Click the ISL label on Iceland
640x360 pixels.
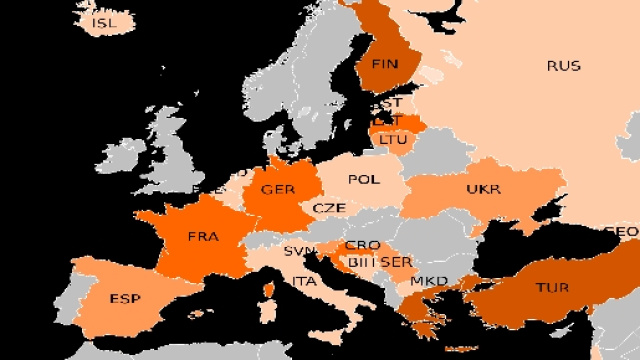click(102, 22)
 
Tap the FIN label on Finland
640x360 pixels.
click(384, 64)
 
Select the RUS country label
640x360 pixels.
click(563, 66)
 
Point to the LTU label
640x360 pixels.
click(393, 139)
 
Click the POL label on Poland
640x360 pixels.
click(363, 180)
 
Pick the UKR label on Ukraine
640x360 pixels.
click(483, 189)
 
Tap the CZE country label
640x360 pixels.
click(329, 208)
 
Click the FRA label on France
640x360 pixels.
click(203, 237)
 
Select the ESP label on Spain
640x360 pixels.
click(125, 299)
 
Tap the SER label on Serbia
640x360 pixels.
click(397, 262)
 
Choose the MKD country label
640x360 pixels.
click(429, 281)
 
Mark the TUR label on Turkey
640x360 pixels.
click(552, 288)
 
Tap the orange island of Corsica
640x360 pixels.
click(267, 296)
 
